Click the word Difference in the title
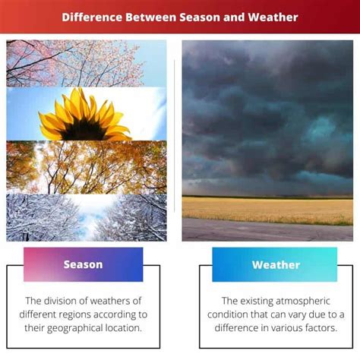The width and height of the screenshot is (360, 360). pos(92,17)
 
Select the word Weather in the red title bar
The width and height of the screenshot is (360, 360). pos(273,17)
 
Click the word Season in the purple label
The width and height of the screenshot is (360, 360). pos(83,264)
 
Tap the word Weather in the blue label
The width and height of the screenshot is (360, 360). pos(276,265)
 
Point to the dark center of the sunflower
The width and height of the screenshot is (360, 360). pos(84,131)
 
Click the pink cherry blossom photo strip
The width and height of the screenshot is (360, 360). pos(87,63)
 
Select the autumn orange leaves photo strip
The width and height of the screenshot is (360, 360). pos(87,167)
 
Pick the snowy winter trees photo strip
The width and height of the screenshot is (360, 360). pos(87,218)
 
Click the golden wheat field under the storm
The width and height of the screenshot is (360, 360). pos(267,210)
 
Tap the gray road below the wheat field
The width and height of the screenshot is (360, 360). pos(267,231)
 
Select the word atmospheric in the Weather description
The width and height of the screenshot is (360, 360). pos(302,302)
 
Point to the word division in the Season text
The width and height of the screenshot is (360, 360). pos(60,301)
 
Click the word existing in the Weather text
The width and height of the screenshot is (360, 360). pos(257,302)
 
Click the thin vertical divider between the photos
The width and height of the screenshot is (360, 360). pos(174,136)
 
